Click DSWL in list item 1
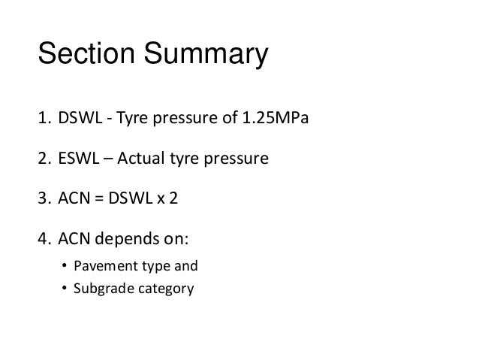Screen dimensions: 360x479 [78, 119]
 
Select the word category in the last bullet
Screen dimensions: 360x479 [163, 286]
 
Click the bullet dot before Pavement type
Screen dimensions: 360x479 [65, 266]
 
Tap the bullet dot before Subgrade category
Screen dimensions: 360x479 [65, 286]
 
